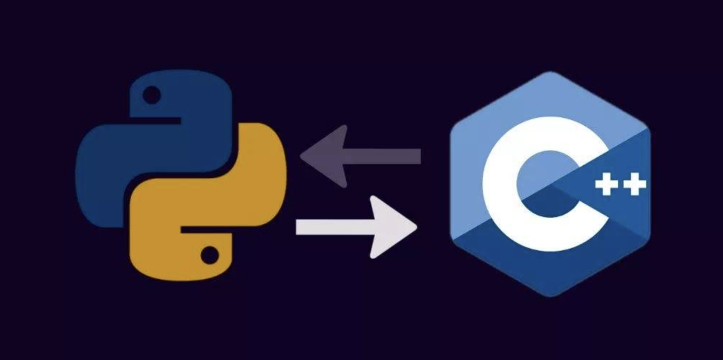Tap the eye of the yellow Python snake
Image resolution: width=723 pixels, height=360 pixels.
(x=210, y=254)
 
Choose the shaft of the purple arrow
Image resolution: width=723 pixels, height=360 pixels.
(x=388, y=157)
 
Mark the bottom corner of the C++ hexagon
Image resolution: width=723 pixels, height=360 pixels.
(x=550, y=295)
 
